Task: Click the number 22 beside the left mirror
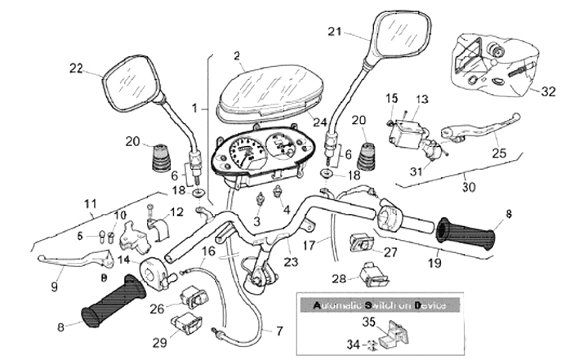[75, 69]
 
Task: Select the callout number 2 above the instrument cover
[237, 56]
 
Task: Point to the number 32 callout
[548, 91]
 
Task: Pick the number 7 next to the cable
[278, 331]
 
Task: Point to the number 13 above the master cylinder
[421, 99]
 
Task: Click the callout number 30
[468, 187]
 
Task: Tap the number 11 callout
[90, 203]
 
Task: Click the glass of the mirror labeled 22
[128, 83]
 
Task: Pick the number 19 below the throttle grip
[435, 264]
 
